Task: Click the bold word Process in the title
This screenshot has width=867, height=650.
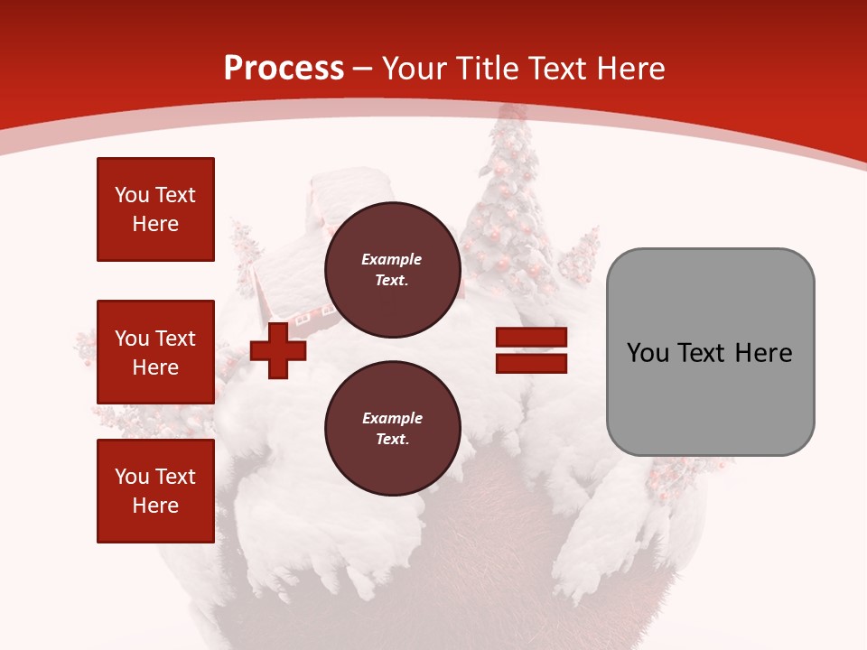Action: tap(284, 69)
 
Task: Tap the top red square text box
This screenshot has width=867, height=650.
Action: tap(155, 209)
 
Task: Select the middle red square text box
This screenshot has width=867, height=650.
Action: tap(155, 352)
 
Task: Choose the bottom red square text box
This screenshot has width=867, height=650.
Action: tap(155, 491)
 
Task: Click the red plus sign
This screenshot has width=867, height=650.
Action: tap(278, 351)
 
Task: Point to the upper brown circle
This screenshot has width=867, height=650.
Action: tap(392, 270)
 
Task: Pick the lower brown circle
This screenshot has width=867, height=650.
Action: tap(392, 429)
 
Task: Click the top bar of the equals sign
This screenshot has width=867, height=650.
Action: tap(531, 338)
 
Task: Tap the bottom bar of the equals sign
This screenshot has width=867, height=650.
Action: tap(531, 364)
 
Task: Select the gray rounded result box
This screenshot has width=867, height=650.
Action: tap(710, 351)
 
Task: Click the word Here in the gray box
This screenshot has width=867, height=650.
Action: tap(763, 353)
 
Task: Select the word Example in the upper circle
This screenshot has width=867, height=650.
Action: tap(392, 259)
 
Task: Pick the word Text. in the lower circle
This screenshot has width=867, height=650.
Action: tap(392, 440)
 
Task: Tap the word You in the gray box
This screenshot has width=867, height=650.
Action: tap(648, 353)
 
